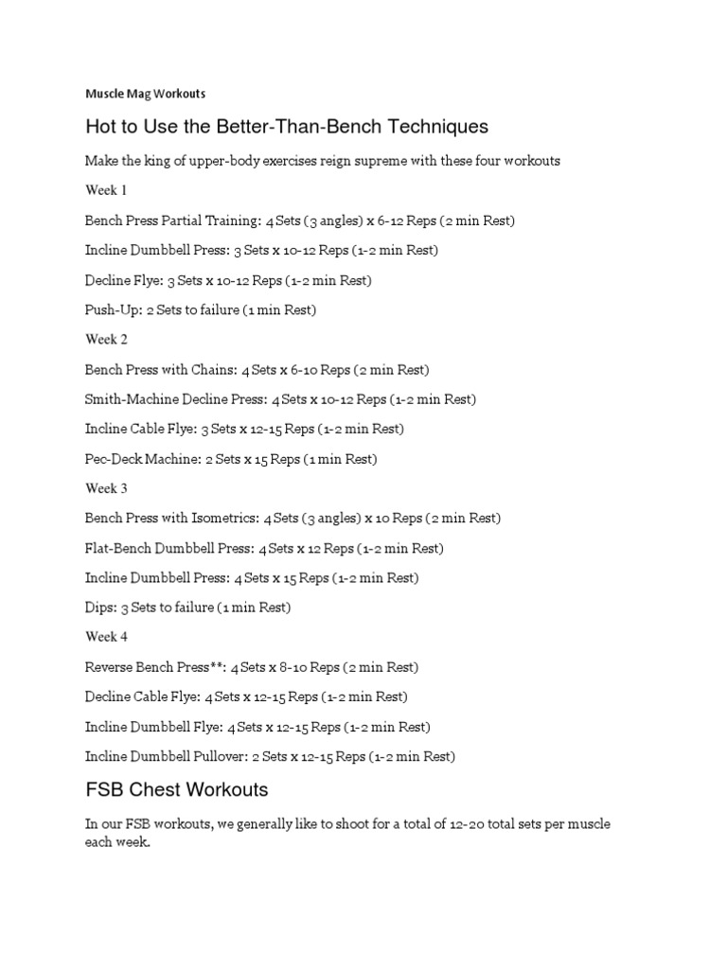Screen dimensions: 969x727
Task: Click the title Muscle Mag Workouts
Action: (x=145, y=94)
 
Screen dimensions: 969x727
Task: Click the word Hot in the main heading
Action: (x=101, y=127)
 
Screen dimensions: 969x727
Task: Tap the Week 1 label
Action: (x=106, y=190)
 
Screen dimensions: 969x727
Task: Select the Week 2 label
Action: (x=106, y=340)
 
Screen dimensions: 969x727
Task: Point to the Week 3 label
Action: (x=106, y=488)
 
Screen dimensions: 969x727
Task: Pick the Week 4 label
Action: (x=106, y=638)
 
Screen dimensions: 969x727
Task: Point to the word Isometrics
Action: (x=223, y=519)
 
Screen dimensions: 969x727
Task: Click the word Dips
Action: (x=99, y=608)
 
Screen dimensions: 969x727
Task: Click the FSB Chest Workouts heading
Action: (x=177, y=789)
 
